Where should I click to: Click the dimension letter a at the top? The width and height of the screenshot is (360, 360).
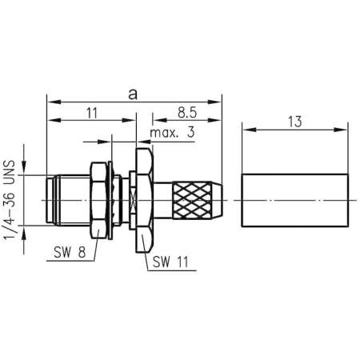point(132,93)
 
